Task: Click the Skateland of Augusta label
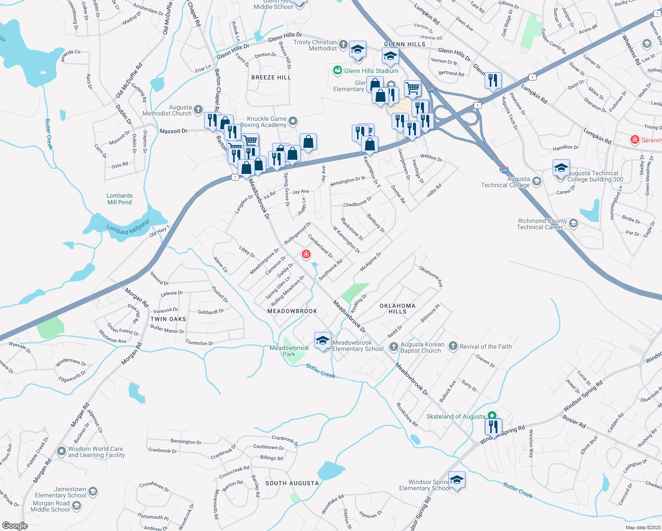tap(455, 416)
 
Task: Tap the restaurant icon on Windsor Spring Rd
tap(493, 427)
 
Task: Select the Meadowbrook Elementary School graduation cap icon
tap(323, 341)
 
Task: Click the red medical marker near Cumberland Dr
tap(306, 254)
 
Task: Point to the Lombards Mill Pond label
tap(119, 199)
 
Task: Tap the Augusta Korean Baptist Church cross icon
tap(393, 347)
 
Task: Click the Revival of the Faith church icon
tap(453, 346)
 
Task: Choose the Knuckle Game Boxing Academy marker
tap(293, 121)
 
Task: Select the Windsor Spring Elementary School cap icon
tap(457, 480)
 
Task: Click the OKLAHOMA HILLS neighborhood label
tap(397, 308)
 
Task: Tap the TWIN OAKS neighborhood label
tap(168, 319)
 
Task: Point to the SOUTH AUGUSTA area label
tap(292, 483)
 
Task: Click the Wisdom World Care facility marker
tap(62, 451)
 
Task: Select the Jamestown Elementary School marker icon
tap(92, 492)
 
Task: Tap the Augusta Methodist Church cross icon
tap(198, 110)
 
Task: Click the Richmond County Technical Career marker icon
tap(573, 223)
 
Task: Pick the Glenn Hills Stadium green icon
tap(338, 70)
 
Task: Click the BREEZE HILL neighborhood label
tap(271, 77)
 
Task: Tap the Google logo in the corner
tap(15, 525)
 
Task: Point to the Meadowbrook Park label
tap(289, 351)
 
